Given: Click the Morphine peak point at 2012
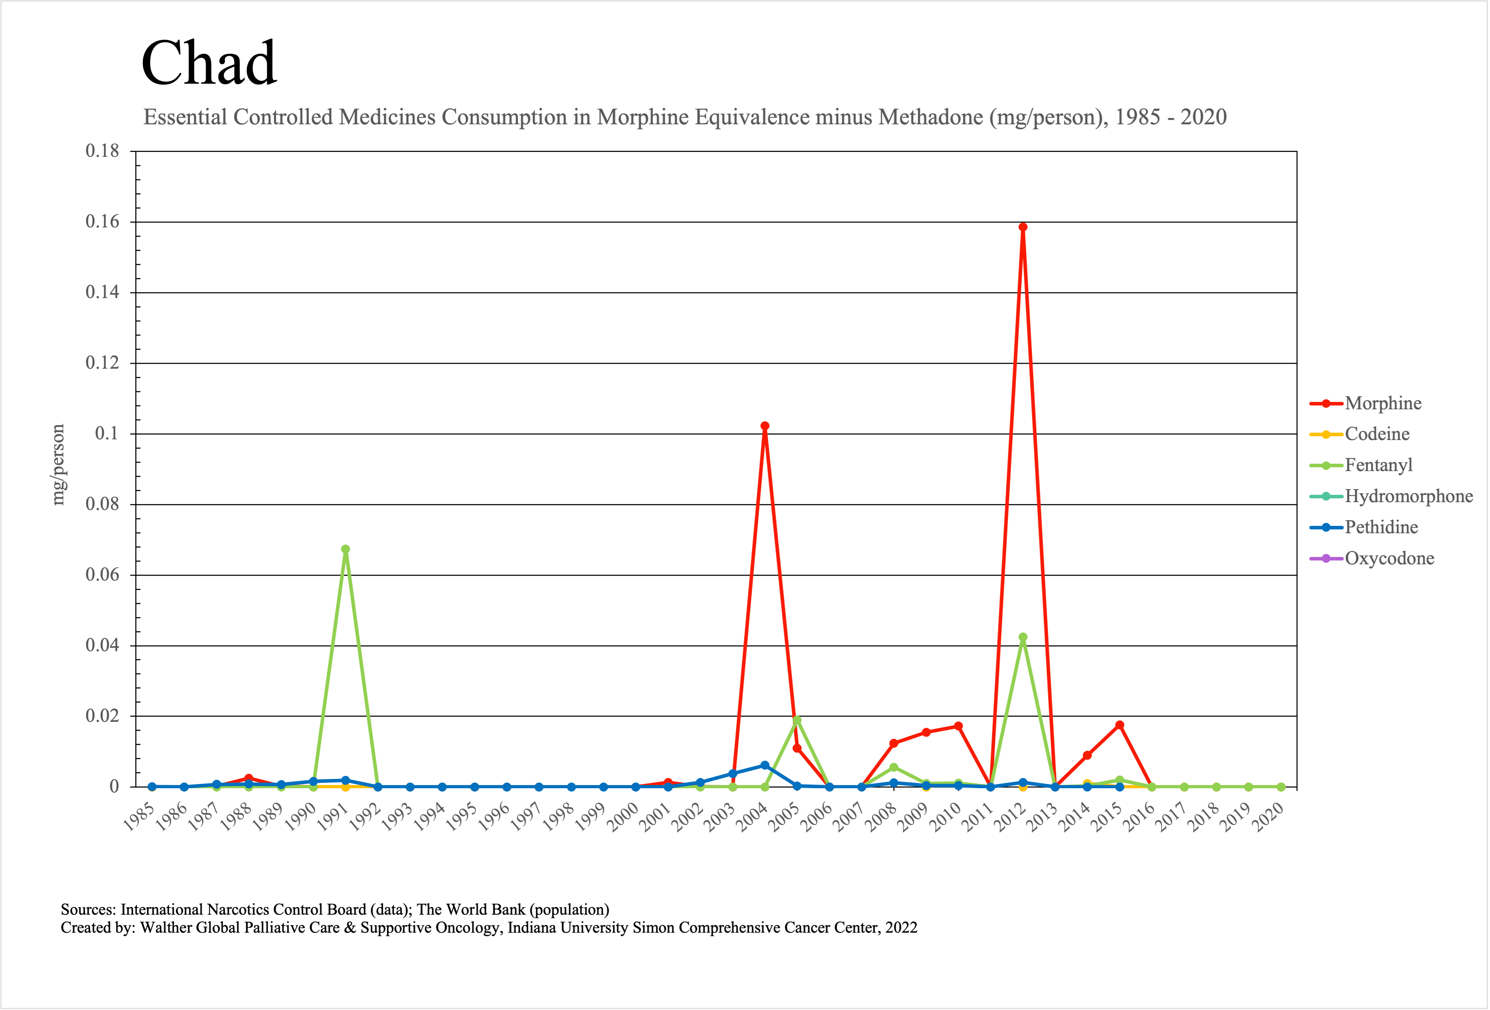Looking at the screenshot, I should [x=1023, y=227].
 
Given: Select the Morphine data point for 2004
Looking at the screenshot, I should [x=765, y=426].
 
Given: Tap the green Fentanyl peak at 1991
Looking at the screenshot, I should [x=346, y=549].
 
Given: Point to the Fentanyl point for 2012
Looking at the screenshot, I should [x=1023, y=637].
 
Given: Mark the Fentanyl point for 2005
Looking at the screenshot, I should [x=797, y=720].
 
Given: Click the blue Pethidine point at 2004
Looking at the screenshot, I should [x=765, y=765].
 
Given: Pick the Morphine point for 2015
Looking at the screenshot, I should [x=1119, y=725].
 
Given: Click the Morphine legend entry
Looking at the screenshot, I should [x=1383, y=403].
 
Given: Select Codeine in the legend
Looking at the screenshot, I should [x=1377, y=434].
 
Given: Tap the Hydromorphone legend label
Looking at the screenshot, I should [x=1408, y=496].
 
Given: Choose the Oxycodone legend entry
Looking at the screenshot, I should [x=1389, y=559].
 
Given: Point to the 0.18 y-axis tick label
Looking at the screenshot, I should [x=103, y=151].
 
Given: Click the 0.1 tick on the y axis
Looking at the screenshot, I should [x=107, y=434].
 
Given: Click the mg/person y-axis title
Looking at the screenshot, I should [x=58, y=465].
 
